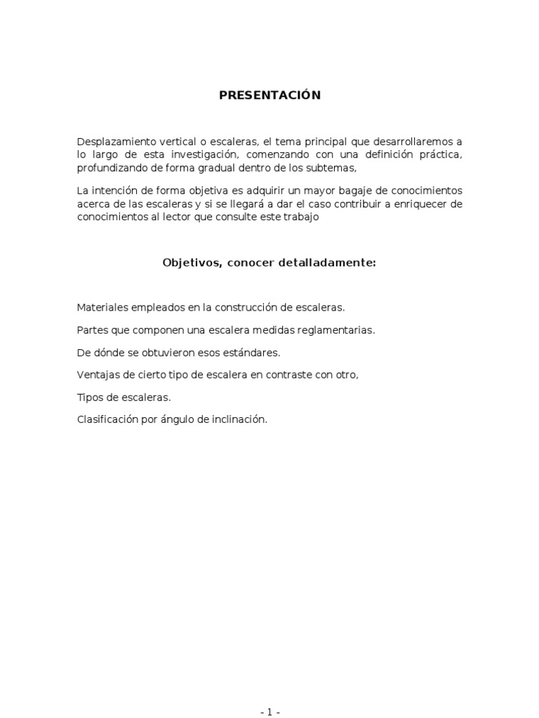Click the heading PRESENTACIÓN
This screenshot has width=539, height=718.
[x=269, y=95]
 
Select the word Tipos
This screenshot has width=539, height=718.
[x=88, y=398]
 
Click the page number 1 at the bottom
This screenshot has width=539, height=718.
[x=269, y=712]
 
